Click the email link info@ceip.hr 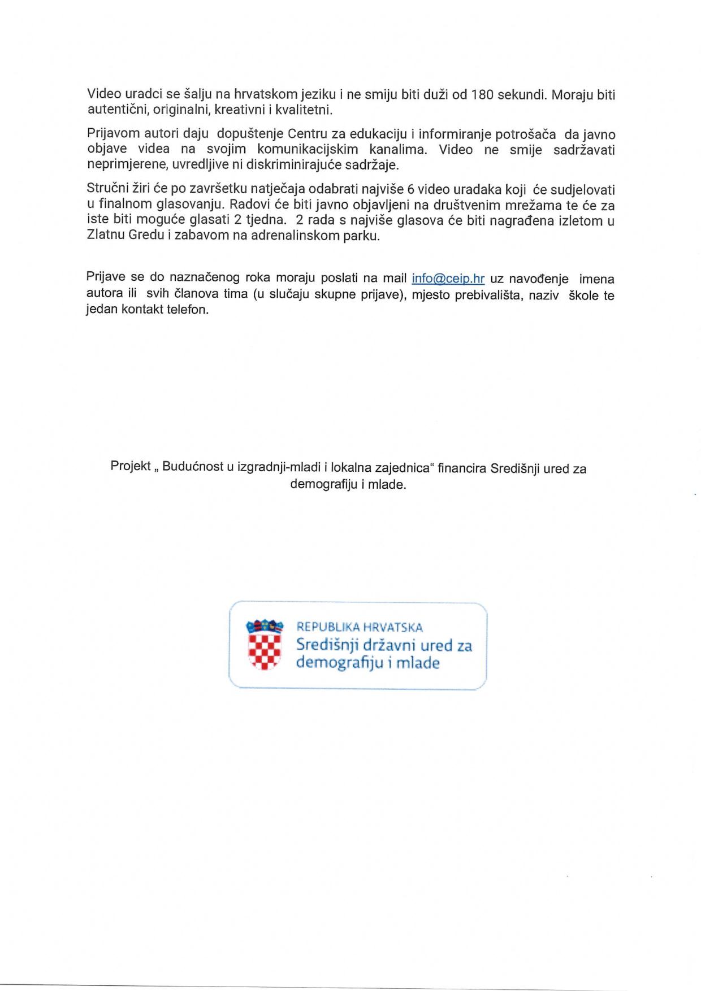tap(448, 279)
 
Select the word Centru tap(309, 134)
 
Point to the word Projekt tap(131, 467)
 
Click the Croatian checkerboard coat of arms tap(264, 647)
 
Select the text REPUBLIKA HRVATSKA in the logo tap(360, 627)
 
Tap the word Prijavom tap(111, 134)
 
